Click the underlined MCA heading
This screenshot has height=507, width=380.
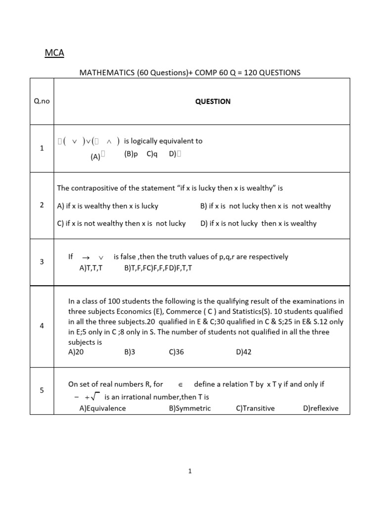click(x=54, y=52)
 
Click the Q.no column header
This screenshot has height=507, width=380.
click(x=42, y=101)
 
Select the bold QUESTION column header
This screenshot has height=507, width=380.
click(x=212, y=101)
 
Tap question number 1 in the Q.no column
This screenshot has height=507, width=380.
click(x=42, y=148)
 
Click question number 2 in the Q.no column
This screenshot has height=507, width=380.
click(x=42, y=205)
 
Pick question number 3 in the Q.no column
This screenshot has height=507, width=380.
click(x=42, y=261)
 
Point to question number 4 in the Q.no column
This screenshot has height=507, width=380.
click(x=42, y=326)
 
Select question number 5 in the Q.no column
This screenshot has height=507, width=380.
click(x=42, y=390)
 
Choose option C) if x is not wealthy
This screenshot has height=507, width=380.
click(x=121, y=223)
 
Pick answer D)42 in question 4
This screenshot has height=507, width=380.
click(x=244, y=352)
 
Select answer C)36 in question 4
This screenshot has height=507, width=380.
click(x=176, y=352)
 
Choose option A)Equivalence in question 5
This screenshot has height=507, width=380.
click(x=102, y=408)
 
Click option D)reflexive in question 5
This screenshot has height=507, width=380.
click(x=321, y=408)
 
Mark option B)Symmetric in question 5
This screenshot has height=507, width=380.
click(x=190, y=408)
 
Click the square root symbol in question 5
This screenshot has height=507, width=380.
click(x=96, y=396)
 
